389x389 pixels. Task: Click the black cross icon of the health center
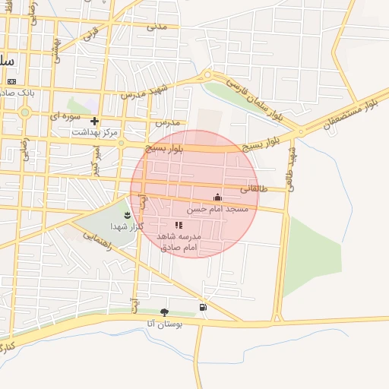94,121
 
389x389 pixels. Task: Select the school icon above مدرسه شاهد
179,226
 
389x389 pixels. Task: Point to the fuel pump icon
202,307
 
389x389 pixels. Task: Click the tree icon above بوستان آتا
164,312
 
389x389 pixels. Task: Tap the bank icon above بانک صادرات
11,81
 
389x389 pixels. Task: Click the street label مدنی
157,27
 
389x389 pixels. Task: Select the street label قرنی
90,34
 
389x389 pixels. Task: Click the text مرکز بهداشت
95,132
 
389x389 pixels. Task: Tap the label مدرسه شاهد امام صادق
177,242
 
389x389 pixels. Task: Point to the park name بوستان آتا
161,324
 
